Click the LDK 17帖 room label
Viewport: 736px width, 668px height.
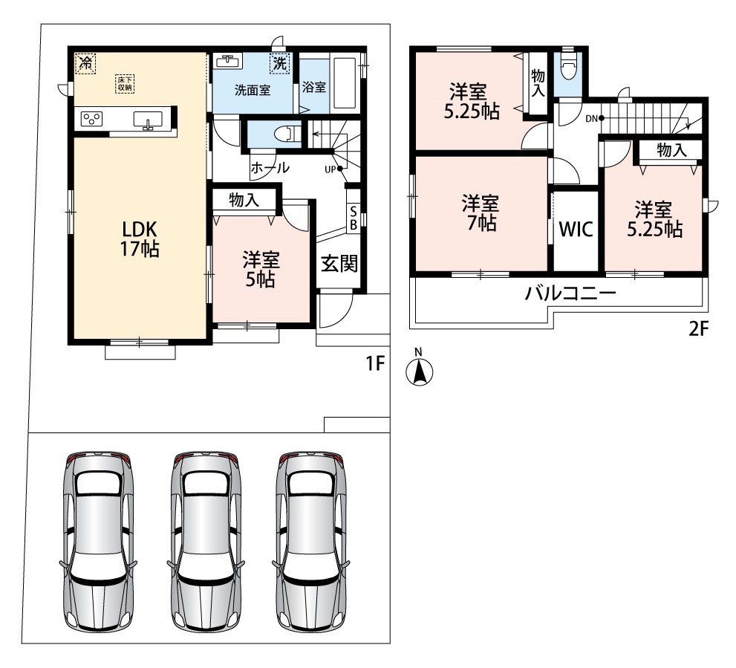click(140, 239)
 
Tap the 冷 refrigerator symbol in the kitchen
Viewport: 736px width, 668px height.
click(85, 63)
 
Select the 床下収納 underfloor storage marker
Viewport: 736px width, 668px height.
click(124, 84)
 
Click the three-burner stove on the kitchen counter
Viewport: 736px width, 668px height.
click(91, 118)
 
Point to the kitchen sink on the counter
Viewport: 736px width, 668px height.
click(148, 120)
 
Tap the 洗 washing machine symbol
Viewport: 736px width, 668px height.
click(280, 63)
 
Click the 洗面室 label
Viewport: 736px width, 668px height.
click(253, 90)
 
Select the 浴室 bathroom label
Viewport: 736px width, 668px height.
click(314, 87)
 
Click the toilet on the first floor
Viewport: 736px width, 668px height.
click(288, 134)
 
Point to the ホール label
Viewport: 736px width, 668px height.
click(270, 168)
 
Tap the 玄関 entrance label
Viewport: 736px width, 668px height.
click(339, 264)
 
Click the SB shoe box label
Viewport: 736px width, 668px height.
click(354, 219)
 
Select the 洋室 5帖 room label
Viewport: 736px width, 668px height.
click(261, 270)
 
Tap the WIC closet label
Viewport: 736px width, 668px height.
click(576, 230)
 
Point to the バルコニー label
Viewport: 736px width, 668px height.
click(570, 294)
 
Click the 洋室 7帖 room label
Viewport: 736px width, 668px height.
click(481, 213)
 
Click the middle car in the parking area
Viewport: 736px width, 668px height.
click(206, 542)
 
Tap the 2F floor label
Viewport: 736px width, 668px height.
click(698, 329)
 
